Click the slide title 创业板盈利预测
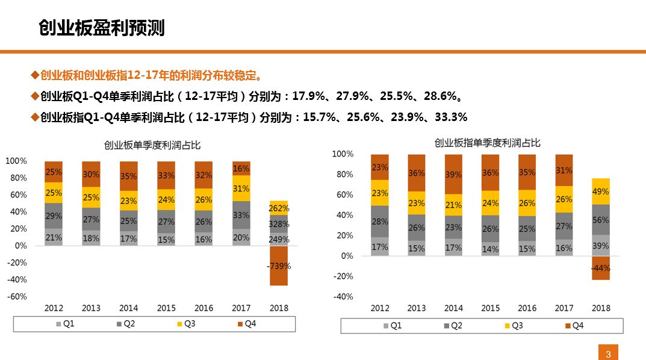(101, 28)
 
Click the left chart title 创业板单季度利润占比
(152, 145)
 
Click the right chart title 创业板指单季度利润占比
(487, 143)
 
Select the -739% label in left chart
(279, 266)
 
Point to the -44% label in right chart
(600, 268)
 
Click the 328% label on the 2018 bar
(279, 224)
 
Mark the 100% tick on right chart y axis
(343, 154)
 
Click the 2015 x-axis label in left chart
(166, 308)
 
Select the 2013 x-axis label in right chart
(417, 308)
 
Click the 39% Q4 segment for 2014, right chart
(454, 175)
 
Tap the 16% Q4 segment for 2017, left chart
(241, 169)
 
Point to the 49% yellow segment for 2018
(600, 191)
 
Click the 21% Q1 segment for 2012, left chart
(54, 237)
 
